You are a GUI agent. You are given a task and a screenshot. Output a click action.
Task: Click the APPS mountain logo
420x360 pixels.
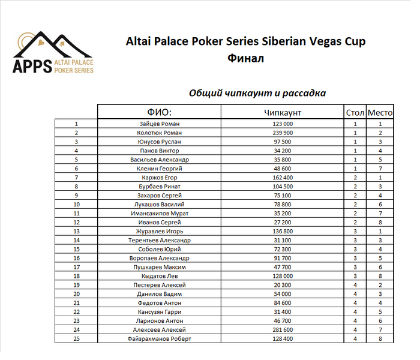point(54,53)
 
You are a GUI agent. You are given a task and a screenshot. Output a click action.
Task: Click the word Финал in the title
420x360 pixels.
point(245,59)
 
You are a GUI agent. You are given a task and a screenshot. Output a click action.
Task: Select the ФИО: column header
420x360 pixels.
point(160,112)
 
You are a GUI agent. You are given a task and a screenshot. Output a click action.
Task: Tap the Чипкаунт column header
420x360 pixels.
point(282,112)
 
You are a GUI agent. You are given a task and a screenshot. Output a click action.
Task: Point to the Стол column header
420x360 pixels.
point(355,112)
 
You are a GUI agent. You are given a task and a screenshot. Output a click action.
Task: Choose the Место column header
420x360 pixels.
point(380,112)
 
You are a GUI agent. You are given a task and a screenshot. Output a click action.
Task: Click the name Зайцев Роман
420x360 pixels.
point(160,124)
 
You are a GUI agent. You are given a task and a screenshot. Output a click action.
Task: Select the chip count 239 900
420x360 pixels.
point(282,133)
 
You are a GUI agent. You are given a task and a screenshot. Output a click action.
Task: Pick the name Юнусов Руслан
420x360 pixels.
point(160,142)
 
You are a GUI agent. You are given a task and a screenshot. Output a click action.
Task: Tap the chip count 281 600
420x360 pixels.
point(282,329)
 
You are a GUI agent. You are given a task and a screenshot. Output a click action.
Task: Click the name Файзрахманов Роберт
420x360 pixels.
point(160,338)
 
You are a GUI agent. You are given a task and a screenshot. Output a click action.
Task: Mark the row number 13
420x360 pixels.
point(76,231)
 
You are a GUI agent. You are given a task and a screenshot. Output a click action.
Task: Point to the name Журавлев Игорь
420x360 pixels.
point(160,231)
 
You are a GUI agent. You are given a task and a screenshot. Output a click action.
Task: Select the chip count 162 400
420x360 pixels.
point(282,178)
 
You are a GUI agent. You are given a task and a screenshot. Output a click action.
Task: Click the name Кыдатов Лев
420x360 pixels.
point(160,276)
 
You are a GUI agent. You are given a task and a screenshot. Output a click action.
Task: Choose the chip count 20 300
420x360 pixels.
point(282,285)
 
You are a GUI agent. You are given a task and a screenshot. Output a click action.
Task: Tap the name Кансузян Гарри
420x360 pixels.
point(160,312)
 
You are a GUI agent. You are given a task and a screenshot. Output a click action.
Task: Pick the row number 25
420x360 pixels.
point(76,338)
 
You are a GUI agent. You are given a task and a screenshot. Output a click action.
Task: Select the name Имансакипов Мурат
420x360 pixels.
point(160,213)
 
